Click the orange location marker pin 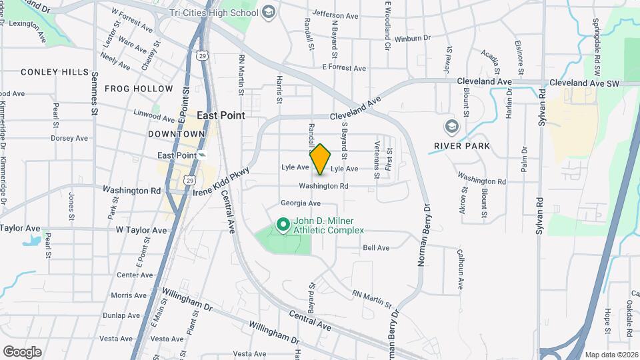pos(321,159)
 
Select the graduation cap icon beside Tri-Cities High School pos(268,11)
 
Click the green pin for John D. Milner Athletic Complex pos(282,225)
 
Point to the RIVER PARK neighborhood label pos(461,146)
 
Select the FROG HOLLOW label pos(139,89)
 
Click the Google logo pos(22,351)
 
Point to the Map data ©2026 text pos(611,355)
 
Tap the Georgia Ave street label pos(301,203)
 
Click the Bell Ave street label pos(376,248)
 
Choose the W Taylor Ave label pos(141,230)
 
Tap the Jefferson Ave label pos(335,15)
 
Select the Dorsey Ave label pos(69,139)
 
